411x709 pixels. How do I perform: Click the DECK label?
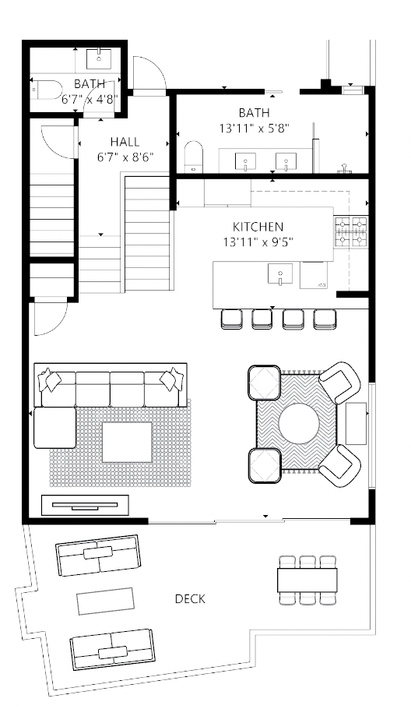[x=190, y=598]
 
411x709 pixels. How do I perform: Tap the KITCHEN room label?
[x=258, y=227]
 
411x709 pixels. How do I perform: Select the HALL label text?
[x=125, y=142]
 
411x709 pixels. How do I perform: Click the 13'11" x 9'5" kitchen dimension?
[x=258, y=242]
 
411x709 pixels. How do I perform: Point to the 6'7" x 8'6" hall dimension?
[x=125, y=157]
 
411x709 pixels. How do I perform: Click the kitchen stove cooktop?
[x=350, y=231]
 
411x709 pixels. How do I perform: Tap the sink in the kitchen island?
[x=280, y=274]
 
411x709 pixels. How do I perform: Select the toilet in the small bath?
[x=47, y=90]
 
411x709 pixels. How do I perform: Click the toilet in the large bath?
[x=194, y=157]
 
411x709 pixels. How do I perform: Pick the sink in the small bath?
[x=99, y=58]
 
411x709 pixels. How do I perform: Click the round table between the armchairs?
[x=299, y=424]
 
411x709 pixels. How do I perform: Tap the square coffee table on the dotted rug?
[x=127, y=443]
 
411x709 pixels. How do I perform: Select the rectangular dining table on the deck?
[x=307, y=580]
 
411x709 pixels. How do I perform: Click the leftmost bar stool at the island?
[x=232, y=319]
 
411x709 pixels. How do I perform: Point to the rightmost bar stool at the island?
[x=325, y=319]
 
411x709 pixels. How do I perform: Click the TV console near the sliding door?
[x=85, y=505]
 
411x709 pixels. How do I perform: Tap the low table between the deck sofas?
[x=105, y=601]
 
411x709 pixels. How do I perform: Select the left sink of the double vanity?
[x=245, y=162]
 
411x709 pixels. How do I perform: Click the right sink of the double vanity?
[x=286, y=162]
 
